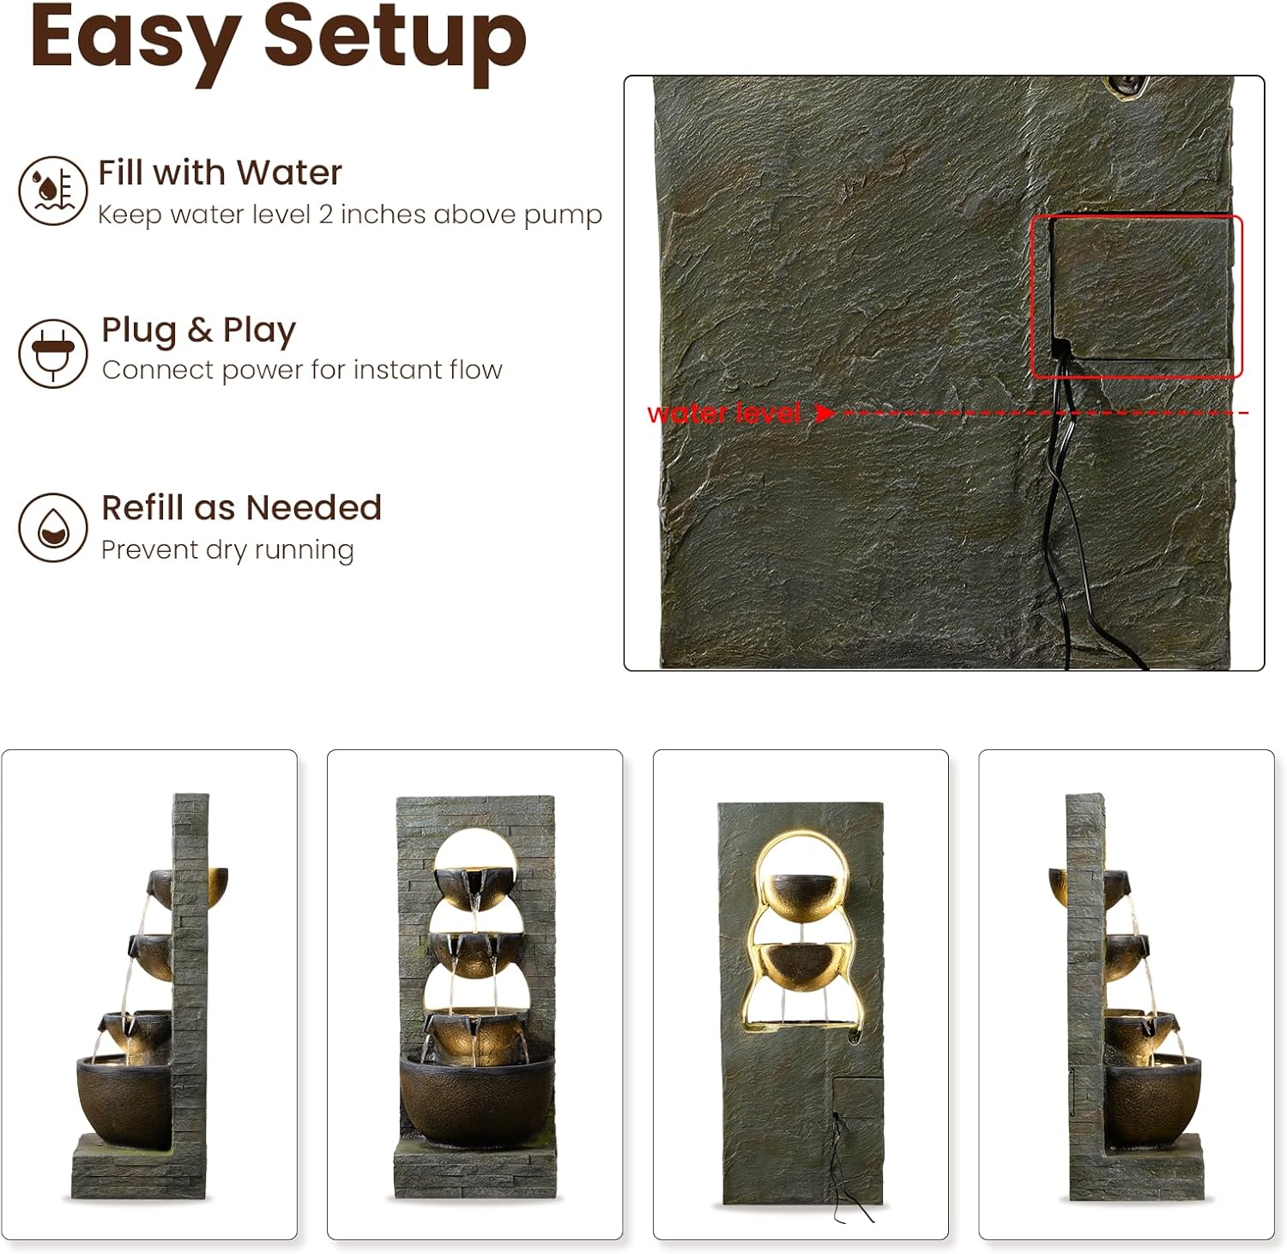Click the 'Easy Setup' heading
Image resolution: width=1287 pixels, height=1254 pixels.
(278, 39)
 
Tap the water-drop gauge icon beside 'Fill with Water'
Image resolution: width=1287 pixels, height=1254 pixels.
(53, 191)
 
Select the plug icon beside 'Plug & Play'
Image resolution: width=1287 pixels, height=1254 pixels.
(53, 353)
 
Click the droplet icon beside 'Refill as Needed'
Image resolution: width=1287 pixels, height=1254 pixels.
(53, 527)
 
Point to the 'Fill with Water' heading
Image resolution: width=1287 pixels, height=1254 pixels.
(220, 173)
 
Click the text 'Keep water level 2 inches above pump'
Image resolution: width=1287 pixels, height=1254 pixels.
(350, 214)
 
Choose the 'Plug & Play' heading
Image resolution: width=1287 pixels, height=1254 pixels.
(199, 330)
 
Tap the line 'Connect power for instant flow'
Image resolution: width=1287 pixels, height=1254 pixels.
(302, 370)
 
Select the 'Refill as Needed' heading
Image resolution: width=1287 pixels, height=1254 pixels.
(242, 507)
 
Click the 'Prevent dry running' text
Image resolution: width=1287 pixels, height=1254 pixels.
(227, 549)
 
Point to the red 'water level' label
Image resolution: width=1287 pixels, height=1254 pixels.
(724, 414)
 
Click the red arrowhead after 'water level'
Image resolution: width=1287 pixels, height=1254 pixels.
(825, 414)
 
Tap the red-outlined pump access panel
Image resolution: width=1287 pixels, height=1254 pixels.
(1137, 296)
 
